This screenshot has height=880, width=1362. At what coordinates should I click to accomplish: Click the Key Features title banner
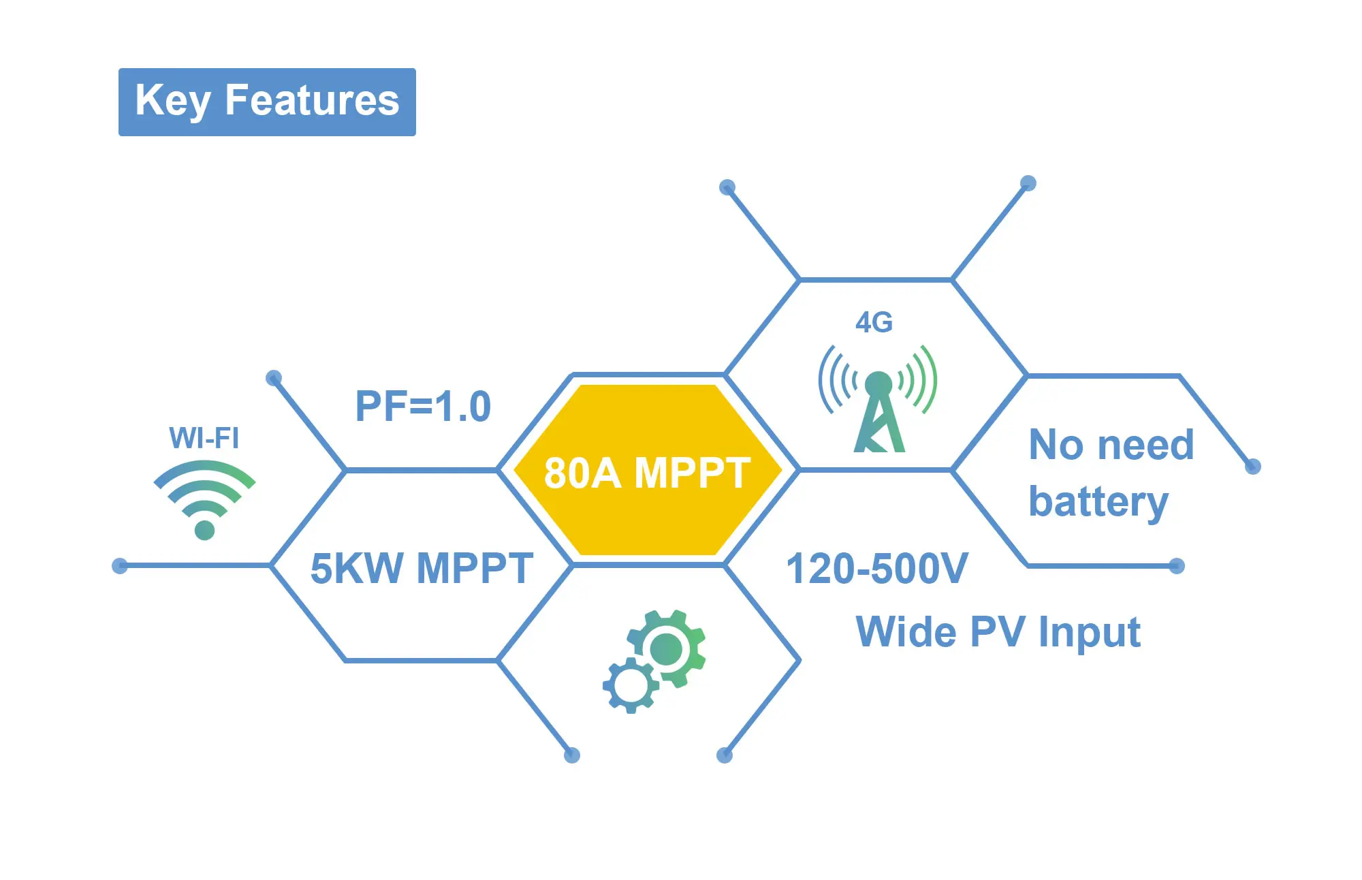[267, 102]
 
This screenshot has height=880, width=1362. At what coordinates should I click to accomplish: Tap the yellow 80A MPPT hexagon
[647, 471]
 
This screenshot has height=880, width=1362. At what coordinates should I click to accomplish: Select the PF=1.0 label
[423, 407]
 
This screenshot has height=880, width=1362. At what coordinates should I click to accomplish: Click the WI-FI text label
[204, 438]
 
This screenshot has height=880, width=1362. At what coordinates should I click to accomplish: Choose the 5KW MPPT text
[422, 569]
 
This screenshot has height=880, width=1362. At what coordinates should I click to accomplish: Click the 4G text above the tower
[874, 322]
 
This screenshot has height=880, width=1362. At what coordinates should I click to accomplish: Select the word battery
[1098, 503]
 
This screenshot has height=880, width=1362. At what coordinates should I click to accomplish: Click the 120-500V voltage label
[877, 569]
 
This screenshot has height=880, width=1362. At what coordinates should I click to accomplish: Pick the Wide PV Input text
[998, 632]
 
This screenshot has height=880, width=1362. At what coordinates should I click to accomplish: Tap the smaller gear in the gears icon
[630, 686]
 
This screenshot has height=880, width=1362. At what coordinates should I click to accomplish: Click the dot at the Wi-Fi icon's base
[204, 530]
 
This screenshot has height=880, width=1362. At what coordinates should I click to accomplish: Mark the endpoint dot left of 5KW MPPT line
[120, 565]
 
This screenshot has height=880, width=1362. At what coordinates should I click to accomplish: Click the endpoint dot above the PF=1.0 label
[274, 378]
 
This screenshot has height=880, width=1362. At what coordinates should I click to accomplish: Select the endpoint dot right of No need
[1252, 467]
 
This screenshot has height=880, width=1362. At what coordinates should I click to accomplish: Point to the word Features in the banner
[312, 100]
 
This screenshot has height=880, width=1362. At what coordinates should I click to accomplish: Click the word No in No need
[1056, 445]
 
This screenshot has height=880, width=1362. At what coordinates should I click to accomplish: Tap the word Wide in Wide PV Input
[906, 632]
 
